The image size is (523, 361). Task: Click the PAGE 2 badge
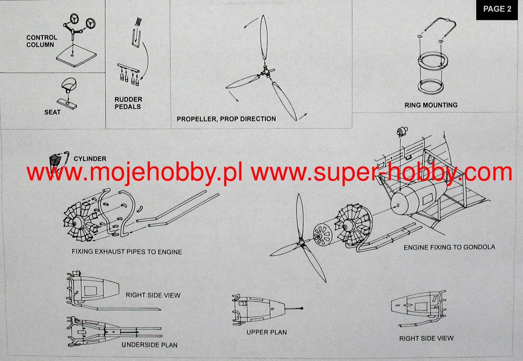497,9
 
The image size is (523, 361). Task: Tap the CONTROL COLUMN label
41,41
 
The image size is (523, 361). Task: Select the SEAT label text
52,112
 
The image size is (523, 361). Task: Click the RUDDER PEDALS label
128,103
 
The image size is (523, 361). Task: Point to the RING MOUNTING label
431,105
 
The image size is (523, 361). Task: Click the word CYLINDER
90,159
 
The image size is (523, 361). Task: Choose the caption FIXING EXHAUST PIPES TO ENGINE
127,252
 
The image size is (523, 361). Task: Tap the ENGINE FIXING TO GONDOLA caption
449,247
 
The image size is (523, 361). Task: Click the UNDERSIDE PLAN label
150,345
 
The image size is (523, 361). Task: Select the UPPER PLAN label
266,332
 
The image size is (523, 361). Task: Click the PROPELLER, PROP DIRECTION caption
226,119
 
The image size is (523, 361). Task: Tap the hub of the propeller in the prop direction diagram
265,72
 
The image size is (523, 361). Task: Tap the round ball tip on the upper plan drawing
302,308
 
